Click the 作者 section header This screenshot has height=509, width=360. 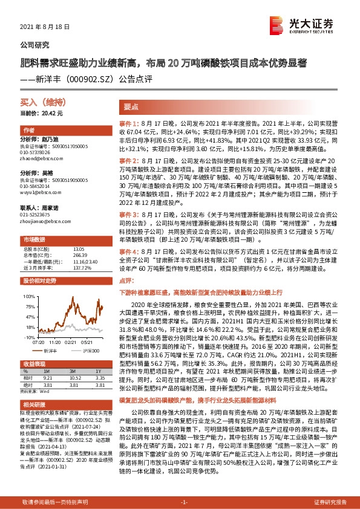point(29,130)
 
